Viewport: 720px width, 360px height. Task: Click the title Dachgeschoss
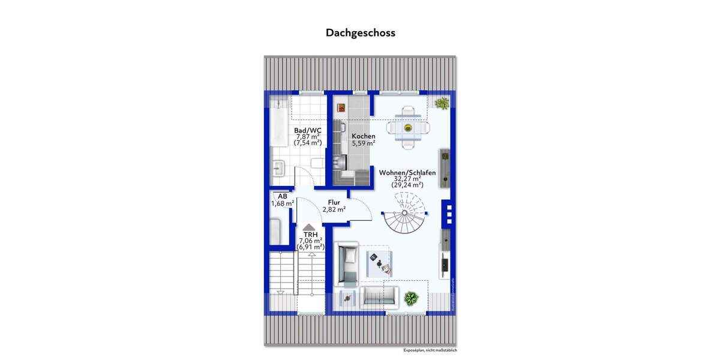[361, 33]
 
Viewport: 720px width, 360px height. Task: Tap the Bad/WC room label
[307, 130]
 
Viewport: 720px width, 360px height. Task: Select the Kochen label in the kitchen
[364, 136]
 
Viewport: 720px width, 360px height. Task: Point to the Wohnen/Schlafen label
[407, 172]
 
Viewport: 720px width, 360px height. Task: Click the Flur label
[334, 203]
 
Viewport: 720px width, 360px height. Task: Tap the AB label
[282, 196]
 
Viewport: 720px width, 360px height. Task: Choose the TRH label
[310, 234]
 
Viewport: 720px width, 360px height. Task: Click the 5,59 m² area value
[364, 143]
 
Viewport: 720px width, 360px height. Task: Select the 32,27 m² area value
[407, 179]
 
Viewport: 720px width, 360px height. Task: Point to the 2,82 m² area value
[334, 210]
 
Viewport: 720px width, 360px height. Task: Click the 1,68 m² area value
[282, 203]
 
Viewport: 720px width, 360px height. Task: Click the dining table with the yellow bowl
[407, 127]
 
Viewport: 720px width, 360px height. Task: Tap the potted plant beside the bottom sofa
[411, 297]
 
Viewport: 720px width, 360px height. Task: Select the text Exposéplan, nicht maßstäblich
[434, 350]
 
